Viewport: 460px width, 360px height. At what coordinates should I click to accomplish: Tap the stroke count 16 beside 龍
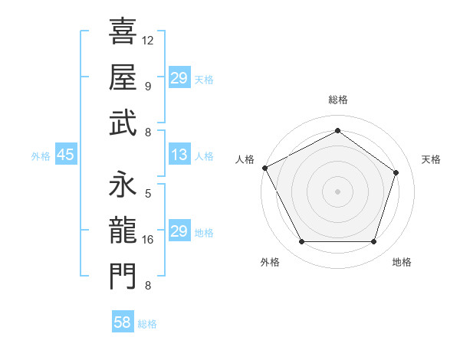point(148,240)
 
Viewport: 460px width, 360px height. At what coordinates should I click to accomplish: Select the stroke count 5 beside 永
point(148,194)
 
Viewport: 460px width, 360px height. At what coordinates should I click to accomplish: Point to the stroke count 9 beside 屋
point(148,86)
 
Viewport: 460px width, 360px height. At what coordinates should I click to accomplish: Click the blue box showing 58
point(123,322)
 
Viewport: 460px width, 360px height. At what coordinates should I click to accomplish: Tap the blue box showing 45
point(65,155)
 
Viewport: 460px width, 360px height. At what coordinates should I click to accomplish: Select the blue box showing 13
point(179,155)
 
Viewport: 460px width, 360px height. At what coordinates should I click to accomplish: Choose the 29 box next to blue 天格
point(179,78)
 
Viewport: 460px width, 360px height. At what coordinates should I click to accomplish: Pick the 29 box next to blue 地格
point(179,231)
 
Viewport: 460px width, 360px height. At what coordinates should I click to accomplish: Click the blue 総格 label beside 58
point(147,324)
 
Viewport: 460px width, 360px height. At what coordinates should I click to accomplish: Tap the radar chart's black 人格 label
point(245,159)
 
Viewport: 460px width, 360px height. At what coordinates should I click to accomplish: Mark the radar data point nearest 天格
point(396,172)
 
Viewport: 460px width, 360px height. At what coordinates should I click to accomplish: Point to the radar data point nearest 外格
point(301,242)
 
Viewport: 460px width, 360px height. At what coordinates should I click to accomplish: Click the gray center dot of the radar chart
point(337,191)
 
